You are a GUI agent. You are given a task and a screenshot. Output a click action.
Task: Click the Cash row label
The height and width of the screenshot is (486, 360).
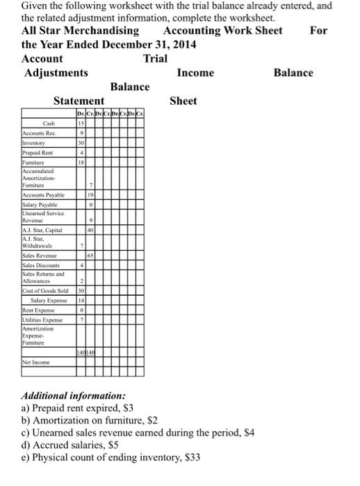48,124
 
